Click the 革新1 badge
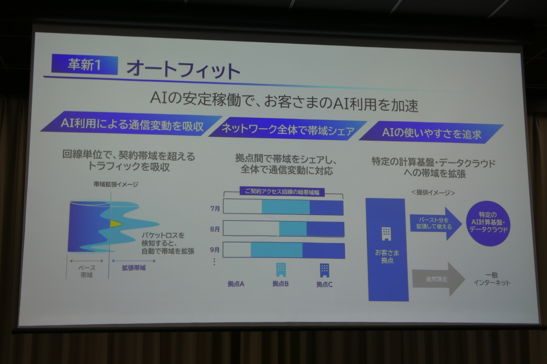pos(84,65)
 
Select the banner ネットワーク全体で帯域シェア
pos(288,130)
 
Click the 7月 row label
pos(215,208)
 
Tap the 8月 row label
pos(215,229)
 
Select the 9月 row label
pos(215,250)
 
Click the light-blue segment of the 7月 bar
pos(286,207)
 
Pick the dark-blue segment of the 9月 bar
pos(324,251)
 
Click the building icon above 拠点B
pos(281,270)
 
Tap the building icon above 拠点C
pos(324,270)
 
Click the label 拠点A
pos(236,284)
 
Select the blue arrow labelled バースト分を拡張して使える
pos(436,223)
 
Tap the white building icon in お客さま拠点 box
pos(386,234)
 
